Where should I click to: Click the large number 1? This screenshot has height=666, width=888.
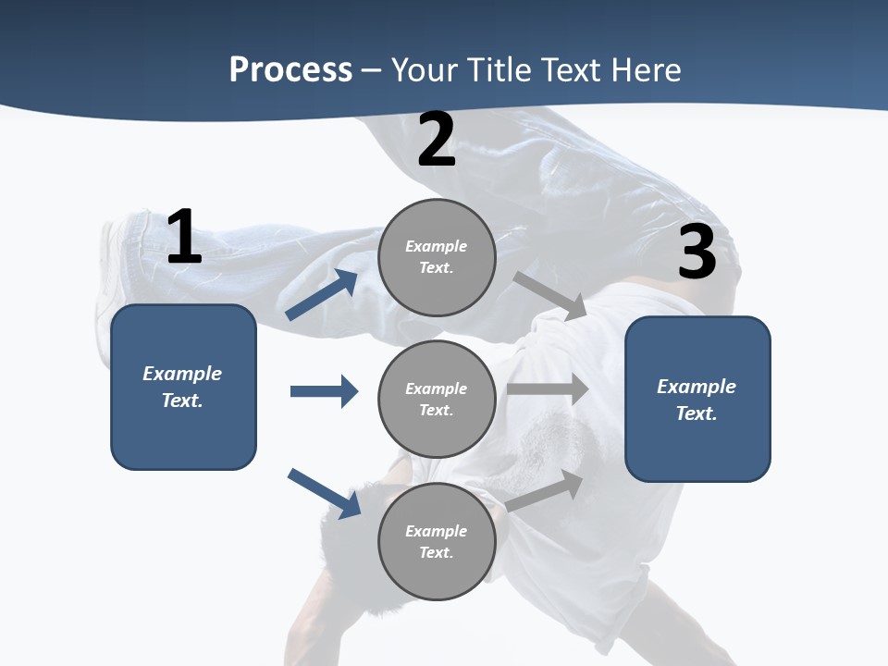(x=184, y=238)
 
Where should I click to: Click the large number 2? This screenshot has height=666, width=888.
(x=437, y=140)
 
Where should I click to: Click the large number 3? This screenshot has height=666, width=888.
(x=697, y=252)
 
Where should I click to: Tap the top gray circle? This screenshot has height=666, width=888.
(x=437, y=257)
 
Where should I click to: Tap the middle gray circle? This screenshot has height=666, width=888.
(x=437, y=400)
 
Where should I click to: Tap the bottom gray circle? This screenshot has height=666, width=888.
(x=437, y=542)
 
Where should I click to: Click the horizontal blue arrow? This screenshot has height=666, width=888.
(x=324, y=391)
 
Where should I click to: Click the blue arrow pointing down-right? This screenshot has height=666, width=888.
(x=324, y=493)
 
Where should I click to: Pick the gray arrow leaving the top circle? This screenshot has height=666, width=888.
(x=550, y=296)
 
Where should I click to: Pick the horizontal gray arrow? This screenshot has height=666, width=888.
(x=548, y=389)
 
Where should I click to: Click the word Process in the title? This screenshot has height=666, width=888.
(x=290, y=69)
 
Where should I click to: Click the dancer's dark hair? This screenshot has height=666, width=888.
(x=361, y=518)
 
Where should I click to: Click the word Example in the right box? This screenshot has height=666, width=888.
(x=697, y=387)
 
